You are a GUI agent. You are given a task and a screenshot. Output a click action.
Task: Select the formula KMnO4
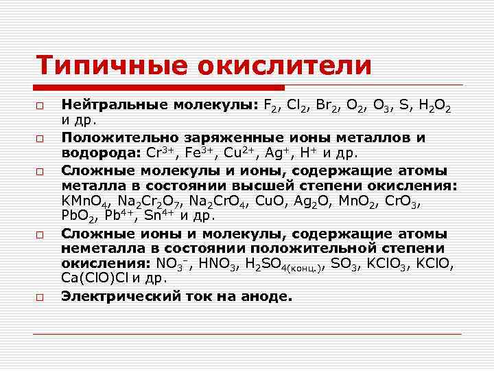click(86, 200)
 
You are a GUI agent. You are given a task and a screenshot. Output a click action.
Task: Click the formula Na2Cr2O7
click(152, 200)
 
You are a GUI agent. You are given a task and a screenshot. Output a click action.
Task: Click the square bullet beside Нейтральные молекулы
click(41, 107)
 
